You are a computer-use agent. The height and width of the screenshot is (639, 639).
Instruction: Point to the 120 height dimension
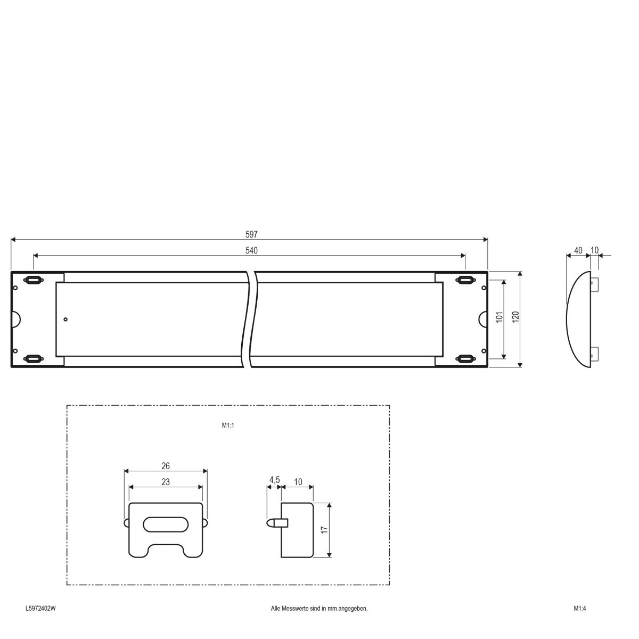coord(515,318)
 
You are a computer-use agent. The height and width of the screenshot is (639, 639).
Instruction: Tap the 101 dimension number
coord(499,318)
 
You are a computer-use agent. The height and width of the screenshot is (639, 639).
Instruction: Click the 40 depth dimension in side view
coord(578,250)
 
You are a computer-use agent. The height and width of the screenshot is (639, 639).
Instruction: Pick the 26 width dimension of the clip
coord(166,466)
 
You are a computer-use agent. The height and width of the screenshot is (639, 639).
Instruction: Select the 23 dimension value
coord(166,482)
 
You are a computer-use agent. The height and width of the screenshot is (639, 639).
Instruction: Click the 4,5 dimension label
coord(274,480)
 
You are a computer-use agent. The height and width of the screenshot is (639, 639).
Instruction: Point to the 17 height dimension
coord(324,530)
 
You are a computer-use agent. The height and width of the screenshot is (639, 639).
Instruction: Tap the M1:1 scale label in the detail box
coord(228,425)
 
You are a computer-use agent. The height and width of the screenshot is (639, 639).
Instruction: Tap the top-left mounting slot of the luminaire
coord(33,280)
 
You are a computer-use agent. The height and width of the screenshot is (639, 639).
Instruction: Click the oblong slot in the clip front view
coord(165,524)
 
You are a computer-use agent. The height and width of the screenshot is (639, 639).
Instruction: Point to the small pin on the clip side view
coord(275,523)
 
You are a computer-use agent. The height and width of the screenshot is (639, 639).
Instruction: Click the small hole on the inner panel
coord(65,319)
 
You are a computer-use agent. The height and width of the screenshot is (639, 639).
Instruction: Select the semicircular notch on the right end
coord(483,319)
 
